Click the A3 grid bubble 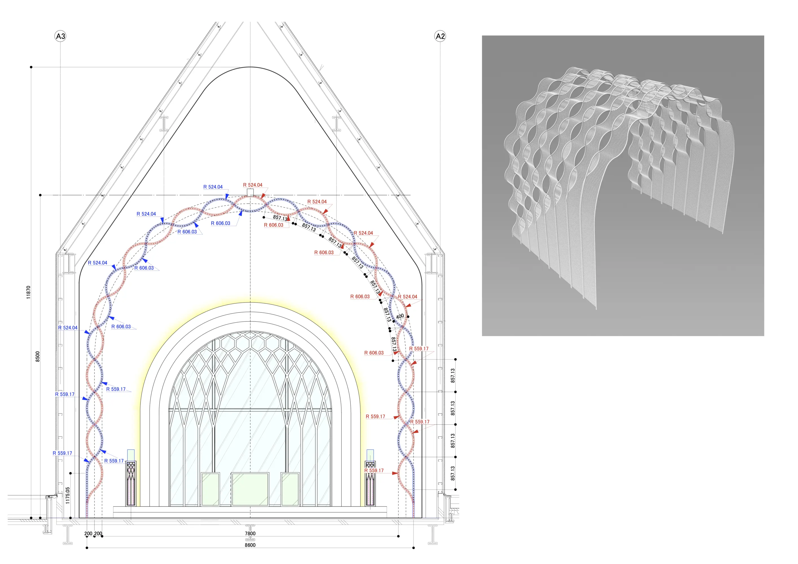point(60,36)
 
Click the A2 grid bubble point(440,36)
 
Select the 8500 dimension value point(38,356)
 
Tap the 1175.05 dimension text point(67,495)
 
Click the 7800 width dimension point(250,534)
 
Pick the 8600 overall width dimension point(250,545)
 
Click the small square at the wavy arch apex point(250,193)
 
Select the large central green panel point(250,489)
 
